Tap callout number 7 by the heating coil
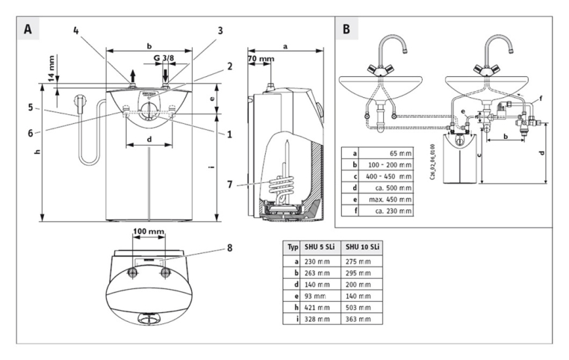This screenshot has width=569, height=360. (231, 184)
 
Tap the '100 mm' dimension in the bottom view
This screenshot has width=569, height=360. (149, 232)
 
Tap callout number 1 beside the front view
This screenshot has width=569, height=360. (228, 135)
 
